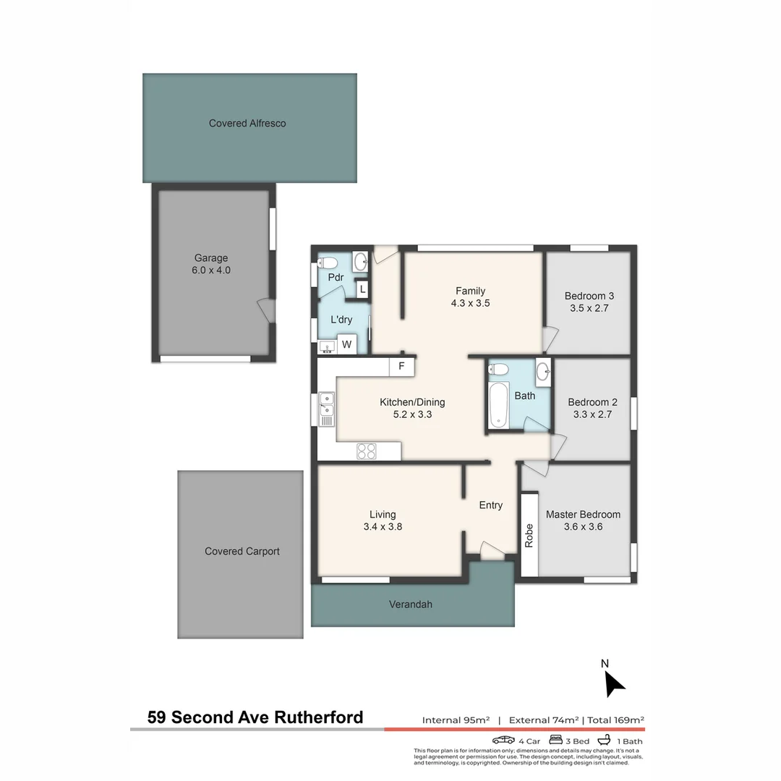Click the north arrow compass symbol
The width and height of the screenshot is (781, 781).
point(613,683)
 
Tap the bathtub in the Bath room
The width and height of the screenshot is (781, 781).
point(498,405)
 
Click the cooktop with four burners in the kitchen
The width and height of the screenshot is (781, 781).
point(367,451)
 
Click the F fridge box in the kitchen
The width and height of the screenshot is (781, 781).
point(401,367)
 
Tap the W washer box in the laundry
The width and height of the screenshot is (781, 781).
point(347,345)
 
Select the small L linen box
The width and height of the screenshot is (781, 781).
point(362,290)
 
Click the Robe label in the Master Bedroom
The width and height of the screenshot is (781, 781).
point(529,535)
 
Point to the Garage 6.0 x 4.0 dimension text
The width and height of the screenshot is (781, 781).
point(212,270)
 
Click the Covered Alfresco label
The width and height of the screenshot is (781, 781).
point(247,124)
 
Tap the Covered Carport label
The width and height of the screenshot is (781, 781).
point(242,551)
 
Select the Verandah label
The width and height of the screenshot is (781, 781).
point(410,604)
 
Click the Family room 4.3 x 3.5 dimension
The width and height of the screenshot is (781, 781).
point(470,304)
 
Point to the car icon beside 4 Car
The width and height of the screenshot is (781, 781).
point(503,741)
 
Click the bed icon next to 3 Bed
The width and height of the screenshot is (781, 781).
point(556,741)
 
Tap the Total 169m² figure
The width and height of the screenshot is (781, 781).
point(616,720)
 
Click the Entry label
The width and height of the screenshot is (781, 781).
point(490,505)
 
